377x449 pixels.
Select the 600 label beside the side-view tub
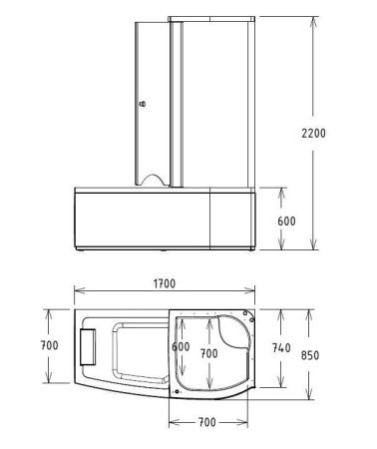pyautogui.click(x=286, y=221)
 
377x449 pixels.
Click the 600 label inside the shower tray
pyautogui.click(x=181, y=346)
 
